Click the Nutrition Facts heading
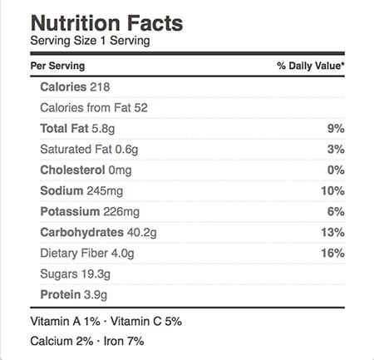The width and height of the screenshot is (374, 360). pos(106,23)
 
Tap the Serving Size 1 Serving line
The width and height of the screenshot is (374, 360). pos(90,41)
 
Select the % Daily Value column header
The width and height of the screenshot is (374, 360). pos(311,66)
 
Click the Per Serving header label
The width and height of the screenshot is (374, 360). pos(57,66)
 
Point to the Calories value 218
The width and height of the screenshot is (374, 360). pos(100,87)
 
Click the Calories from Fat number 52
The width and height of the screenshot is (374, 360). pos(141,108)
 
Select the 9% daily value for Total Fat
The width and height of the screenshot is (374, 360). pos(336,129)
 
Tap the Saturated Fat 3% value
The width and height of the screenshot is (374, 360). pos(336,150)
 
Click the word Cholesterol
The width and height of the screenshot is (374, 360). pos(72,170)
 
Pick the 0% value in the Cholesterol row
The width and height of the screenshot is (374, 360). pos(336,170)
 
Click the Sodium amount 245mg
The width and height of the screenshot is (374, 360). pos(105,191)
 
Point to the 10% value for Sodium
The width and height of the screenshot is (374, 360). pos(333,191)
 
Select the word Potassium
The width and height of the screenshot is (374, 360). pos(70,212)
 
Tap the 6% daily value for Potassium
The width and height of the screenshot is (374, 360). pos(336,212)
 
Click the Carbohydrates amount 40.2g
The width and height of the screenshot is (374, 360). pos(142,233)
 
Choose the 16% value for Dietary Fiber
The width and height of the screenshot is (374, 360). pos(333,254)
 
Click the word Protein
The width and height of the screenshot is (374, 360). pos(61,295)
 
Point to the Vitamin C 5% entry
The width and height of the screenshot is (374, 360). pos(146,322)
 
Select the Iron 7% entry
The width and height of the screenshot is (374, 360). pos(124,341)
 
